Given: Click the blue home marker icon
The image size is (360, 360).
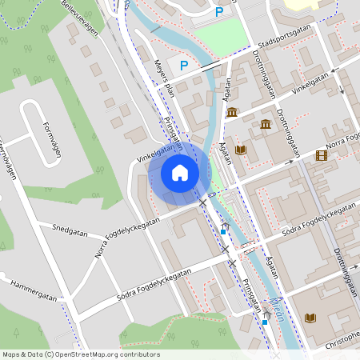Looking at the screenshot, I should pos(180,172).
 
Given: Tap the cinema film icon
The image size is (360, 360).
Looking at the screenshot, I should pos(322,156).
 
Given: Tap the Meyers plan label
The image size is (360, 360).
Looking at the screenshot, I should pos(164,80).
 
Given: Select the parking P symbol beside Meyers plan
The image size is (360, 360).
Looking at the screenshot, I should pos(184,66).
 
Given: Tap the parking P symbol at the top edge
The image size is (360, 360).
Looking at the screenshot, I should pos(219,11).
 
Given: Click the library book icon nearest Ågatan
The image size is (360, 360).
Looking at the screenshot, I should pos(240,150).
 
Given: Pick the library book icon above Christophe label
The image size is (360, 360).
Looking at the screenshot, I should pos(310,318).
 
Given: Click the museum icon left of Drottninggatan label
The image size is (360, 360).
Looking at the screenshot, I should pos(265,124).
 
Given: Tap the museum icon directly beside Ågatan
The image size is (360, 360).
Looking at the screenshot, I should pos(232,112).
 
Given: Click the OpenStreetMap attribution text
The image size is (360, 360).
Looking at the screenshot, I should pos(80,354).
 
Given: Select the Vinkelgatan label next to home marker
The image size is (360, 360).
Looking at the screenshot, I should pos(155,152).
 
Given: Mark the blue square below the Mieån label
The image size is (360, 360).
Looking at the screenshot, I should pos(265,322).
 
